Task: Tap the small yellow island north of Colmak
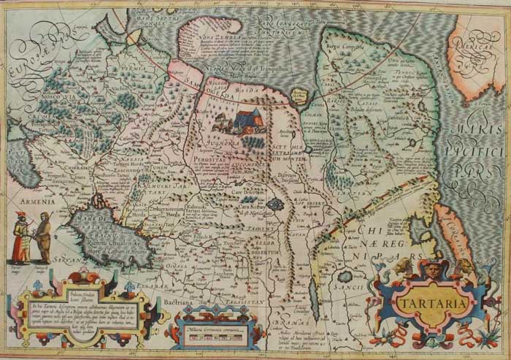(x=297, y=93)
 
